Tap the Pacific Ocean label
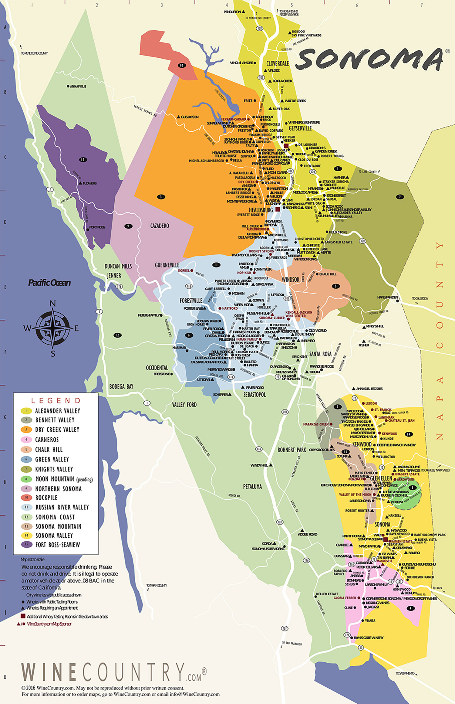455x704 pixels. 49,283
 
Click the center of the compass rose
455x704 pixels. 53,328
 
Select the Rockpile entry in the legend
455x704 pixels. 46,498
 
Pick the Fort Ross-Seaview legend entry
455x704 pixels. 57,545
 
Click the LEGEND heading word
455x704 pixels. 56,400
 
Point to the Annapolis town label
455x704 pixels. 78,86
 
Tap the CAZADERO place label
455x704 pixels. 160,226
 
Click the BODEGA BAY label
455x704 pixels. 121,386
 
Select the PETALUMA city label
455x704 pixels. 252,486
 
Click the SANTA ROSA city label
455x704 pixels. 320,354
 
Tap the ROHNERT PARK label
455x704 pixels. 292,450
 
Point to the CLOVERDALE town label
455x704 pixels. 277,63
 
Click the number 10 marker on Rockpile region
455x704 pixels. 181,65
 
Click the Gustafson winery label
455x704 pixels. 190,117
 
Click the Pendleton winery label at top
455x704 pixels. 232,12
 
